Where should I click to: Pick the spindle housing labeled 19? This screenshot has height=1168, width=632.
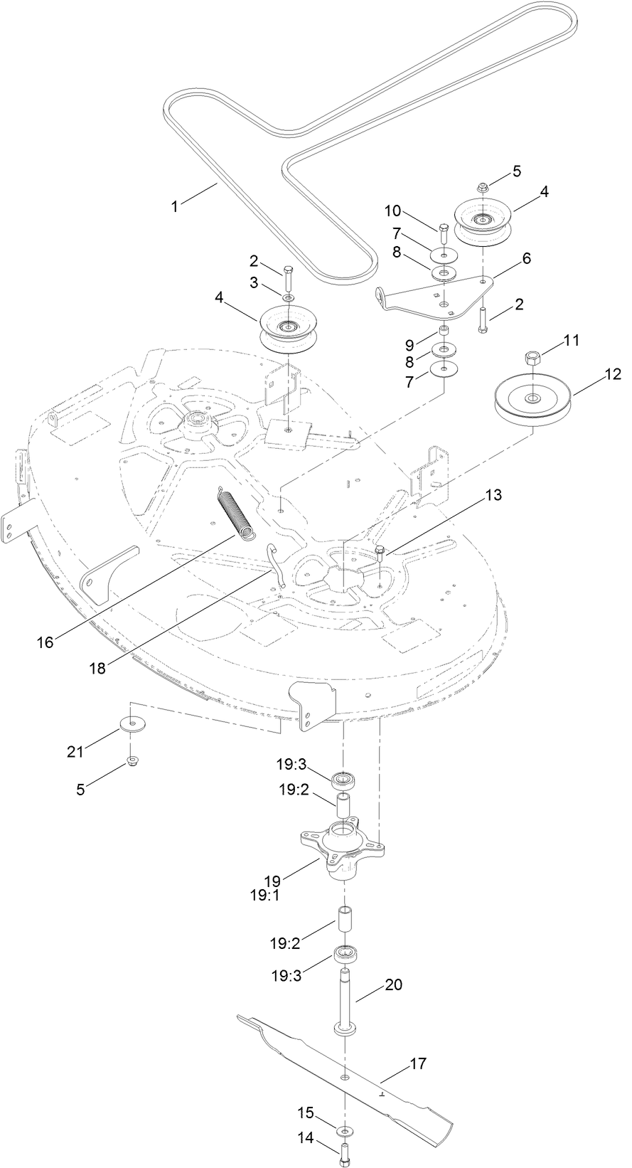[x=345, y=848]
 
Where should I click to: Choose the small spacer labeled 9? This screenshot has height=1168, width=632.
[x=444, y=331]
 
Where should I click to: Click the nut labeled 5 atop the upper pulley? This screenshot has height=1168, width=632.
[x=481, y=187]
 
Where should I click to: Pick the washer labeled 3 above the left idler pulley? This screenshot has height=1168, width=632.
[x=287, y=297]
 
